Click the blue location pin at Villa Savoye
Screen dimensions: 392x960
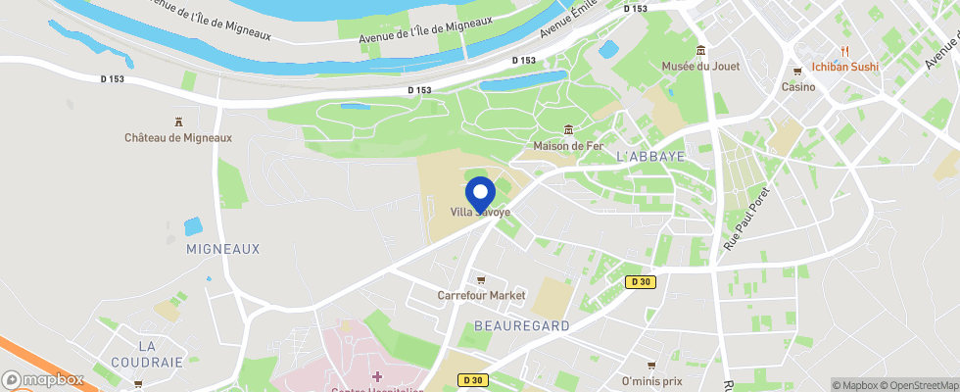pos(480,192)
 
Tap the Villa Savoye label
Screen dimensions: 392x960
pos(480,212)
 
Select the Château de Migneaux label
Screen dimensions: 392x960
pos(178,138)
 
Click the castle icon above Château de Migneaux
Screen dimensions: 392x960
pos(178,122)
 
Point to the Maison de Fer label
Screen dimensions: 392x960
pos(567,146)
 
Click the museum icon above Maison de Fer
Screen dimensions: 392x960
pos(568,129)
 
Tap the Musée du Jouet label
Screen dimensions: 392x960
pos(700,67)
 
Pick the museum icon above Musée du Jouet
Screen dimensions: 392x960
pos(700,50)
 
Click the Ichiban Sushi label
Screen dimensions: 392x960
pos(845,67)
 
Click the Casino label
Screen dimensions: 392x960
pos(798,86)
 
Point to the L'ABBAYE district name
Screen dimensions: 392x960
pos(650,156)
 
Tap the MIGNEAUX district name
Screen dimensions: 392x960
pos(223,249)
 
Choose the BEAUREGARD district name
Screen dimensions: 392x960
pos(521,325)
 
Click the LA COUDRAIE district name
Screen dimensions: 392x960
pos(161,354)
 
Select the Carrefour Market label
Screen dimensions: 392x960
pos(481,295)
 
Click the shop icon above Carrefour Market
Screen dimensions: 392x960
pos(481,279)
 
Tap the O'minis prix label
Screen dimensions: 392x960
pos(651,381)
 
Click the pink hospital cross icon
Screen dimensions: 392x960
pos(377,377)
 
